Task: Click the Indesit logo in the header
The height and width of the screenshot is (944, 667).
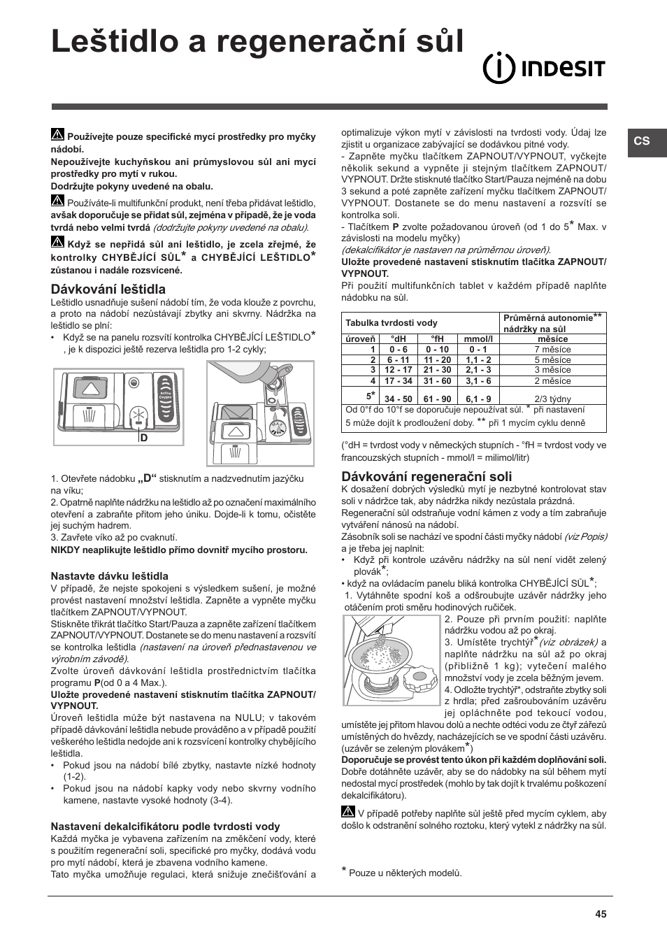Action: (545, 69)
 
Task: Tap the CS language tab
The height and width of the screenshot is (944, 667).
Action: (642, 141)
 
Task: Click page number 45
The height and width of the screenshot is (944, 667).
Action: (601, 913)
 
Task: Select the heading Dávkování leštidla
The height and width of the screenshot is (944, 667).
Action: (108, 289)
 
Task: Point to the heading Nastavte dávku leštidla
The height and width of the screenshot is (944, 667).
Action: (109, 576)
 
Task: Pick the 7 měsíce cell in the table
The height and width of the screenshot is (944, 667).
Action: (552, 349)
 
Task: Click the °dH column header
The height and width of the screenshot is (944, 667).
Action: (398, 338)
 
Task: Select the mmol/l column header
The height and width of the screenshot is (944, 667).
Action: (478, 338)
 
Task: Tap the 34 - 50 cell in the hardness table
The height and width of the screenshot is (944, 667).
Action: (398, 399)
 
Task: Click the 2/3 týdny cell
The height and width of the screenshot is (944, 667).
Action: (552, 399)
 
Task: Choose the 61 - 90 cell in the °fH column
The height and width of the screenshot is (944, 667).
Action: (437, 399)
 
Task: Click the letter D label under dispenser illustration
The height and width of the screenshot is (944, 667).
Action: (144, 438)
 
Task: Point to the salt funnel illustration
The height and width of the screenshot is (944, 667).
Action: (392, 659)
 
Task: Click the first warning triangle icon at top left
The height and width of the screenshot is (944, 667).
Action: (57, 135)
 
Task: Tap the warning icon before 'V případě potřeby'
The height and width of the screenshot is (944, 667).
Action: (348, 812)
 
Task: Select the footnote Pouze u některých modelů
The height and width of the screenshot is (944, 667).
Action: (405, 873)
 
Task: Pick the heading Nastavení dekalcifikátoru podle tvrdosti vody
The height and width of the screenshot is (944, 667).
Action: (165, 826)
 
